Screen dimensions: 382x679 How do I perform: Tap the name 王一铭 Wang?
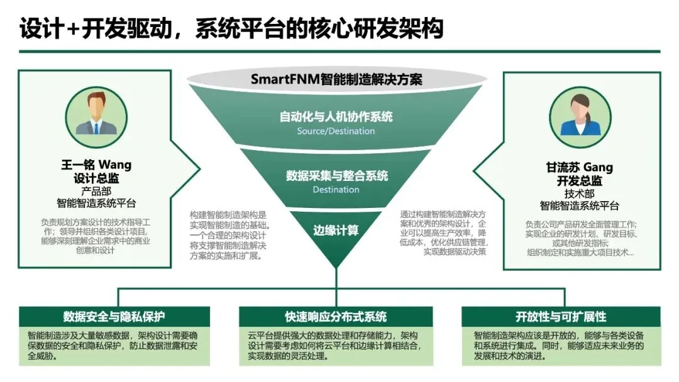[x=96, y=165]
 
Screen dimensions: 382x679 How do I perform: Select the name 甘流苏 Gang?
[x=580, y=167]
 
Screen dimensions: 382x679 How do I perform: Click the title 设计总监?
[x=96, y=178]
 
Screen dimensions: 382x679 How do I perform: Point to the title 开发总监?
[x=580, y=180]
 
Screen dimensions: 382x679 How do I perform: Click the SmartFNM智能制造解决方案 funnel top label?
[x=336, y=80]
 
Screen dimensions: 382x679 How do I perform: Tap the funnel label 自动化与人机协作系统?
[x=336, y=116]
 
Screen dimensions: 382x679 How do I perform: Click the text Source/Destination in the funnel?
[x=336, y=131]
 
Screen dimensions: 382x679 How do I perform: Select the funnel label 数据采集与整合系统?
[x=336, y=175]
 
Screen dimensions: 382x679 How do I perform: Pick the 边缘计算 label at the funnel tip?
[x=336, y=231]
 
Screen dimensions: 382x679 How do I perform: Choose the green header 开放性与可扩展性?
[x=561, y=317]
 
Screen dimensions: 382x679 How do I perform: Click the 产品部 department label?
[x=96, y=191]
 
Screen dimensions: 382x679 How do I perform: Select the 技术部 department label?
[x=580, y=194]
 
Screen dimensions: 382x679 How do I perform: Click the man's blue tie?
[x=96, y=128]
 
